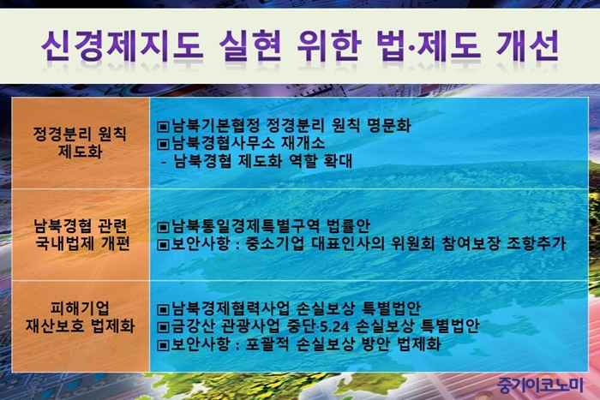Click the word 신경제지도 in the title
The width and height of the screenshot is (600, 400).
click(122, 46)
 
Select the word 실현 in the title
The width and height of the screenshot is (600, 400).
click(250, 46)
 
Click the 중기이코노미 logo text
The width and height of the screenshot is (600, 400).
click(540, 385)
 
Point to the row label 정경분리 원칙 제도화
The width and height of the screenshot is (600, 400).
click(80, 142)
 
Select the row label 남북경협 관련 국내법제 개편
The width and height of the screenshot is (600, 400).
click(81, 235)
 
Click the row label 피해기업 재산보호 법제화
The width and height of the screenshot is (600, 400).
click(81, 317)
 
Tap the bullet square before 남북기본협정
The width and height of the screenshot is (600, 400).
click(163, 126)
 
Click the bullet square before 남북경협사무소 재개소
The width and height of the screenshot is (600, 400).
click(163, 144)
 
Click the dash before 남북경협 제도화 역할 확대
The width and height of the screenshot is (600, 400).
click(165, 162)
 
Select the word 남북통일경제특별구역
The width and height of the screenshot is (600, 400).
click(245, 225)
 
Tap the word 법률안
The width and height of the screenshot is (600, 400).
click(349, 225)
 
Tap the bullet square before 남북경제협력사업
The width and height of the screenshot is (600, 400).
click(163, 308)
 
